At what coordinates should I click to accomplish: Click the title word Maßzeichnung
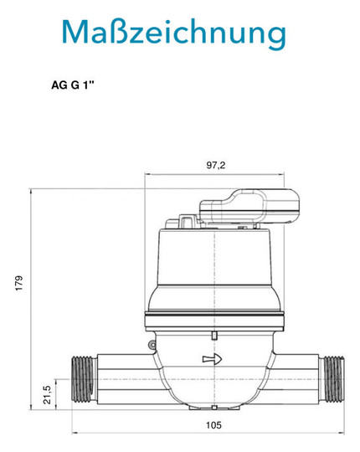(174, 33)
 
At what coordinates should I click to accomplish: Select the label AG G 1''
(73, 85)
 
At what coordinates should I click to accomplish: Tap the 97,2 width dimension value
(216, 166)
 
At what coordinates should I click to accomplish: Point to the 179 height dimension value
(19, 283)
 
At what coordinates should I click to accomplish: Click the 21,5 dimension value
(47, 394)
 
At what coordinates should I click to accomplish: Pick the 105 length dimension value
(213, 425)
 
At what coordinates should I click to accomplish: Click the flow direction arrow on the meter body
(212, 359)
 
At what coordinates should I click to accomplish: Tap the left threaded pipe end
(85, 379)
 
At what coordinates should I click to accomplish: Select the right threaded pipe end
(332, 379)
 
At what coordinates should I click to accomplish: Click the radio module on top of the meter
(249, 206)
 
